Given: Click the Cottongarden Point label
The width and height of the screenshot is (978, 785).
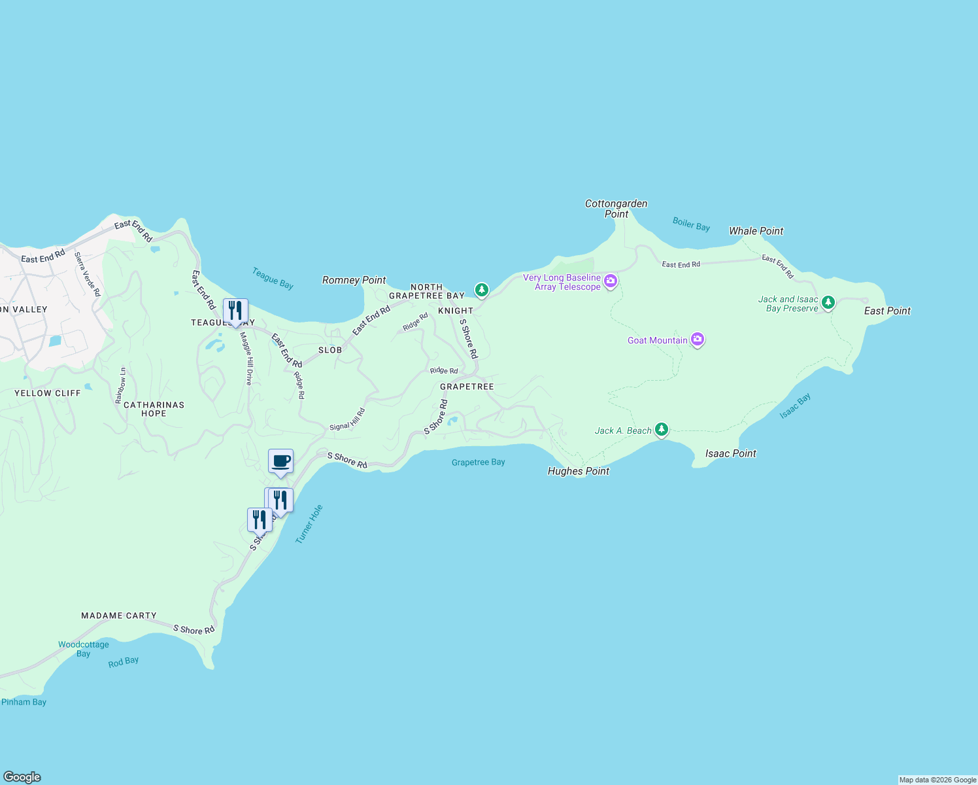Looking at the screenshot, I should tap(616, 209).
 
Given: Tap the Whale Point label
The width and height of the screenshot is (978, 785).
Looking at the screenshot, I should tap(756, 231).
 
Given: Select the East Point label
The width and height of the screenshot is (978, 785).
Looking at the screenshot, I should tap(887, 311).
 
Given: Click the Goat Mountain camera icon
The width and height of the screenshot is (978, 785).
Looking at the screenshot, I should tap(698, 340).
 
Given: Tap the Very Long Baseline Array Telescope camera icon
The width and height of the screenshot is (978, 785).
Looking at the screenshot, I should tap(611, 281).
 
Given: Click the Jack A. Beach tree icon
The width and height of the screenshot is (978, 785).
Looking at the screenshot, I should tap(662, 429).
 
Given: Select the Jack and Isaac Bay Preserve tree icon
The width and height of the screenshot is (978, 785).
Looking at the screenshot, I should tap(828, 302).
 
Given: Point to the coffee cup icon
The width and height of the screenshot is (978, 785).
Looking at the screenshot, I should tap(281, 461).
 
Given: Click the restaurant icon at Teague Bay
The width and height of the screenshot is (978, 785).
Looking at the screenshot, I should tap(235, 311).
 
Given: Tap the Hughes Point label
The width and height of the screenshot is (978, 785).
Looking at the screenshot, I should tap(578, 471).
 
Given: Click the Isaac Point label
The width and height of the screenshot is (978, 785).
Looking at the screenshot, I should tap(730, 453).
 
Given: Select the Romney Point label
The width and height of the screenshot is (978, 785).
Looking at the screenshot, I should tap(354, 280).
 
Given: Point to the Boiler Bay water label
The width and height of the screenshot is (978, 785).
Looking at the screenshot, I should tap(691, 224).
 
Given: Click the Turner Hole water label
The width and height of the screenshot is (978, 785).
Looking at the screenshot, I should tap(309, 524).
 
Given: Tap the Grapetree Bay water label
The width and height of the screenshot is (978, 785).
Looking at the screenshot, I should tap(478, 462).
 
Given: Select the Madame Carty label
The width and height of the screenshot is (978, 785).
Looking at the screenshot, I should tap(119, 616).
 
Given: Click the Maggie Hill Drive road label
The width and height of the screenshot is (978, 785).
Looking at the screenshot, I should tap(246, 358).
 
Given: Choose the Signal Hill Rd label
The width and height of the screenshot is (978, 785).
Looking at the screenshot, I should tap(347, 419).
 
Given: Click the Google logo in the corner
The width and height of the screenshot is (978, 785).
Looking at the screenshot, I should tap(22, 777).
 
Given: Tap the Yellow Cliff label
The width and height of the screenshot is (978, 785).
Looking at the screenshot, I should tap(48, 393).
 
